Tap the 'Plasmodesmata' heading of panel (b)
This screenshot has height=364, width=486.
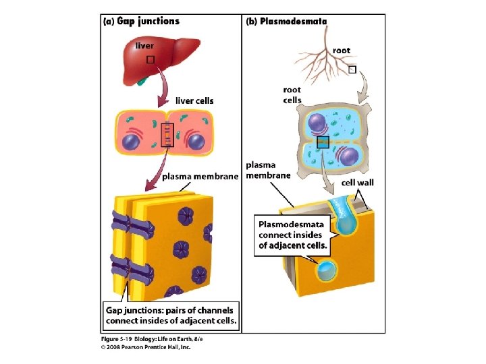click(293, 21)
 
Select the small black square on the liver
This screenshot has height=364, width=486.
click(151, 59)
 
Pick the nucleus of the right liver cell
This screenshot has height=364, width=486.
click(196, 142)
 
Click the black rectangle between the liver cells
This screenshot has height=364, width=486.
click(166, 135)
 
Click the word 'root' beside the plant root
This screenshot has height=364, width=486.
click(342, 50)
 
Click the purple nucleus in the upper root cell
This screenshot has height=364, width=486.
click(317, 123)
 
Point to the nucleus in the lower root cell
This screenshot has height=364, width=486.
click(348, 156)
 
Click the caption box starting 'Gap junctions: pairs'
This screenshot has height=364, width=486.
click(171, 315)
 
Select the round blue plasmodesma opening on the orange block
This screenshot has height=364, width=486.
click(327, 271)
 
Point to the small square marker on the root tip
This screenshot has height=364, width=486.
click(352, 70)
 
